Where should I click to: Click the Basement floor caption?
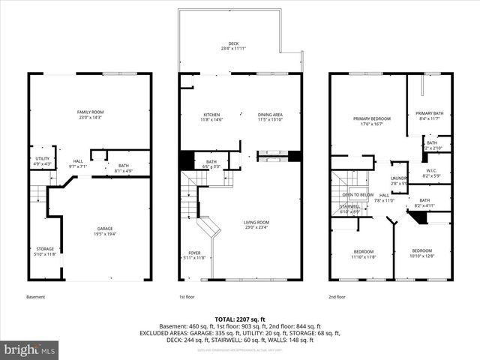(36, 297)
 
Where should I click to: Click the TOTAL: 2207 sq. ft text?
(240, 319)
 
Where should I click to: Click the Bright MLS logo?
(30, 349)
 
